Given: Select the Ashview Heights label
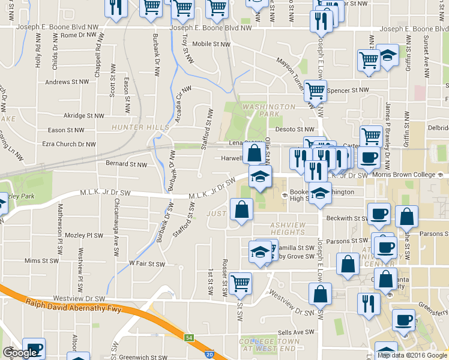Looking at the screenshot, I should click(288, 228).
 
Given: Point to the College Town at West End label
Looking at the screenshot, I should click(267, 344).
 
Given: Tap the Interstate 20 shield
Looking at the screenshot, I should click(209, 355).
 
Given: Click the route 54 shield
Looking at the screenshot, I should click(189, 338).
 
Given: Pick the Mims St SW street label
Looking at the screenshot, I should click(41, 261).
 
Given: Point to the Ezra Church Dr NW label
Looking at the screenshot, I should click(68, 144).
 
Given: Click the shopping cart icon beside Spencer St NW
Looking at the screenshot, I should click(315, 91).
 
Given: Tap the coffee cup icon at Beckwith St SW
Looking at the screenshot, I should click(379, 214).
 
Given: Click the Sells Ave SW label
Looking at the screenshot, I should click(297, 332).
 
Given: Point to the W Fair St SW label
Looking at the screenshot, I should click(147, 263).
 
